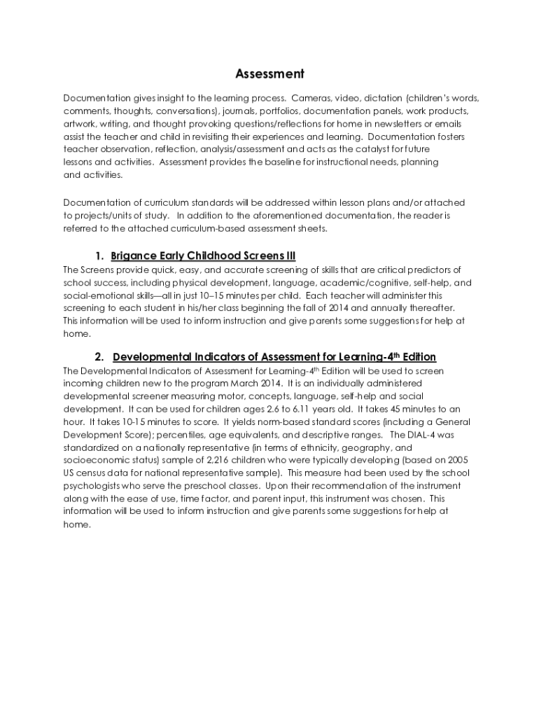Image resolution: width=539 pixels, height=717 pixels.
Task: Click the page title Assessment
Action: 269,74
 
